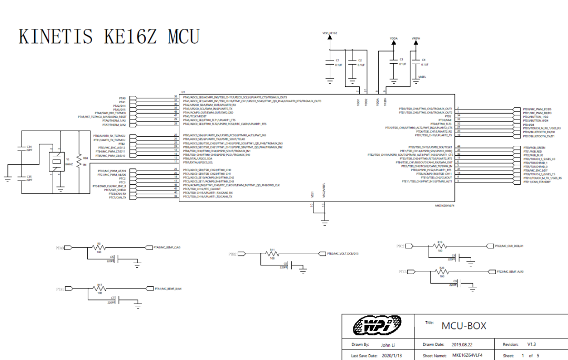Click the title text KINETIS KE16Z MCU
(x=109, y=37)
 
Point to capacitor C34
(x=22, y=149)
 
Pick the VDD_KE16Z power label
(x=330, y=33)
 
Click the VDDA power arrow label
(x=393, y=39)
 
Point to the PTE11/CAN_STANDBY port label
(x=537, y=182)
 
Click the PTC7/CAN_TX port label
(x=117, y=198)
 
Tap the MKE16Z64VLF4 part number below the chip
(x=445, y=206)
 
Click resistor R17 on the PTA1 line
(x=99, y=289)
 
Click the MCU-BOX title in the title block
(x=464, y=326)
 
